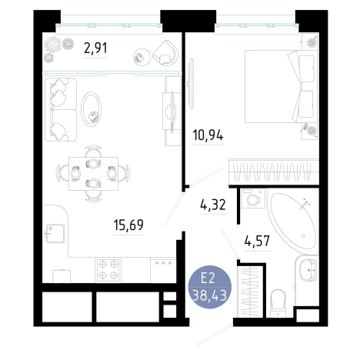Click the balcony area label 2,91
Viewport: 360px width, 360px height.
tap(95, 48)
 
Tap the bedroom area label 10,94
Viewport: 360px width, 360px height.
tap(208, 135)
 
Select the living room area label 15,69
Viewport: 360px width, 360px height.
tap(128, 225)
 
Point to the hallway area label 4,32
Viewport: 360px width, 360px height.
tap(213, 205)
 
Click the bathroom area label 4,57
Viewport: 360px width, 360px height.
tap(257, 241)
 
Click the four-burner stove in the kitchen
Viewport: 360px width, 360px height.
tap(108, 270)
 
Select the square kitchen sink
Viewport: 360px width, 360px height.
tap(55, 233)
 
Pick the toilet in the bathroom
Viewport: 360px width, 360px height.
tap(278, 303)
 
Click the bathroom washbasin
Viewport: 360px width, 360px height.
tap(308, 270)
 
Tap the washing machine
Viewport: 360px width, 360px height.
tap(252, 198)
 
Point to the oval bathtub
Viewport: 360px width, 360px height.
tap(292, 222)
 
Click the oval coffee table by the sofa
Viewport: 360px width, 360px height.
tap(91, 109)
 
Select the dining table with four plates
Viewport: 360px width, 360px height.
tap(93, 174)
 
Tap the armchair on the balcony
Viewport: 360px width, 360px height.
tap(165, 53)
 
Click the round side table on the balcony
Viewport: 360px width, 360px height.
tap(142, 56)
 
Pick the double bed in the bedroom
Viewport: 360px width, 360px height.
tap(279, 86)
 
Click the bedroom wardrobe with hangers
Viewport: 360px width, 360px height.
tap(274, 172)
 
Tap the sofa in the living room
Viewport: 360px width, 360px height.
tap(61, 109)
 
